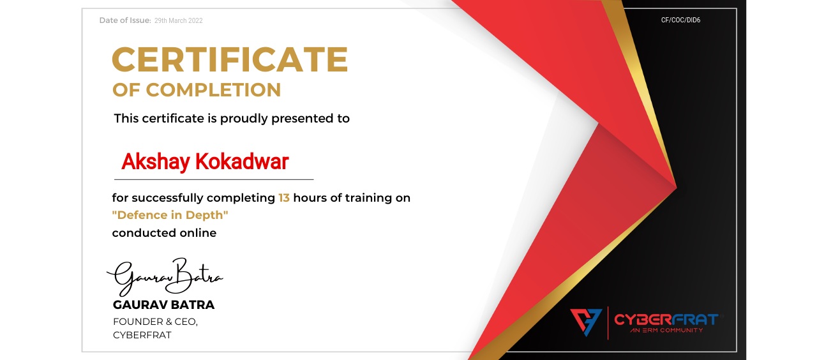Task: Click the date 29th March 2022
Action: [x=178, y=20]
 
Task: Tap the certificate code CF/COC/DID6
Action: [x=680, y=20]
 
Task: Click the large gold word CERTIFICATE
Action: [x=230, y=59]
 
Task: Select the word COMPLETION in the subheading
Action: [x=213, y=90]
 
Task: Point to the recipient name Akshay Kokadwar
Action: [x=205, y=161]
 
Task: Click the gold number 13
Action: [x=284, y=198]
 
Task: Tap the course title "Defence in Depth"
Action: [x=170, y=215]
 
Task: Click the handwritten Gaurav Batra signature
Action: [x=165, y=277]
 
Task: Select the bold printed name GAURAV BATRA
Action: [x=164, y=305]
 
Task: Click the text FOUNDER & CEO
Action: [x=155, y=322]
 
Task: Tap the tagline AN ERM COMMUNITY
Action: [x=666, y=330]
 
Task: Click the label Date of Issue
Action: [x=125, y=20]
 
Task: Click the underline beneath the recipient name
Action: [x=214, y=179]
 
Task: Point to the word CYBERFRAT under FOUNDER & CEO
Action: [x=142, y=335]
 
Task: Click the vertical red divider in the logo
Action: [x=608, y=323]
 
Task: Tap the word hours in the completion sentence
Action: [x=310, y=198]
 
